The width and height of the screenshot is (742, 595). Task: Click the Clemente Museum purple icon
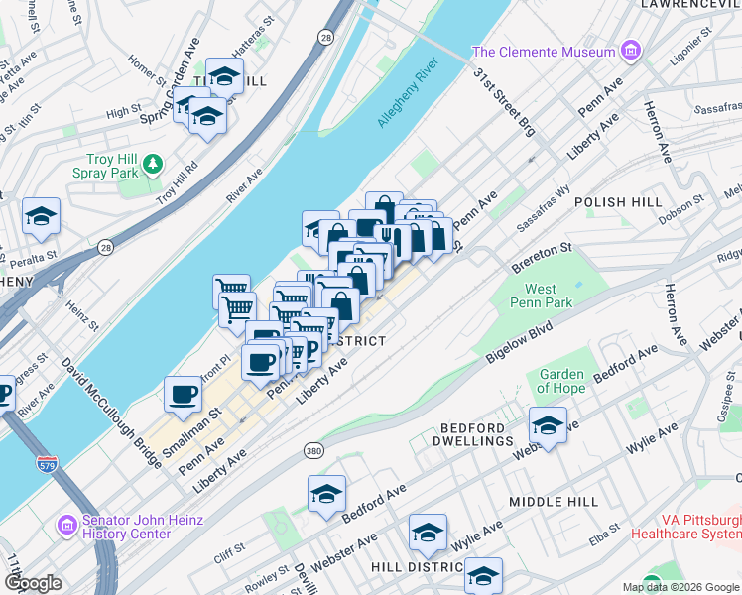tap(629, 51)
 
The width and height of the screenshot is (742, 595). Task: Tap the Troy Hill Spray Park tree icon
tap(152, 162)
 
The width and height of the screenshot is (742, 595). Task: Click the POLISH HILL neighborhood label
tap(625, 202)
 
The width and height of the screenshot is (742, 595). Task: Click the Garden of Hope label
tap(561, 381)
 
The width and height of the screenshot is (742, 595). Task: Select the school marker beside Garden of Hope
tap(547, 424)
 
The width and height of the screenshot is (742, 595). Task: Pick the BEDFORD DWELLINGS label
tap(476, 433)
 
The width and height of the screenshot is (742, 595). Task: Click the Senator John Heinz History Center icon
tap(67, 522)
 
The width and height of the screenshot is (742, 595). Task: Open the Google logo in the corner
tap(33, 583)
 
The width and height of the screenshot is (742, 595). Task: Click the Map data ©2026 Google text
tap(680, 587)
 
